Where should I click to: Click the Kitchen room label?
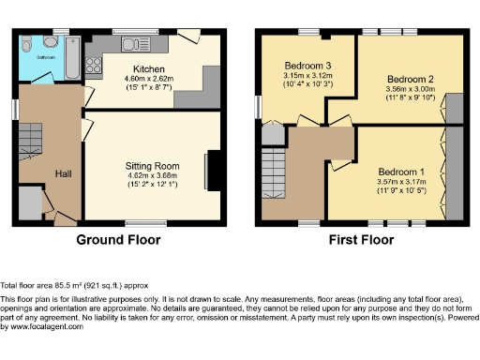pos(149,69)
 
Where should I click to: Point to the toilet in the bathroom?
pos(28,43)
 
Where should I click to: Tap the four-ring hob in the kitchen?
pos(94,66)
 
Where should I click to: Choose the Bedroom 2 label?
pos(410,79)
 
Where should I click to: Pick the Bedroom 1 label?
pos(401,172)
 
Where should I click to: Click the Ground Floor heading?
pos(118,240)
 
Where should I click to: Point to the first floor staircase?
pos(274,174)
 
